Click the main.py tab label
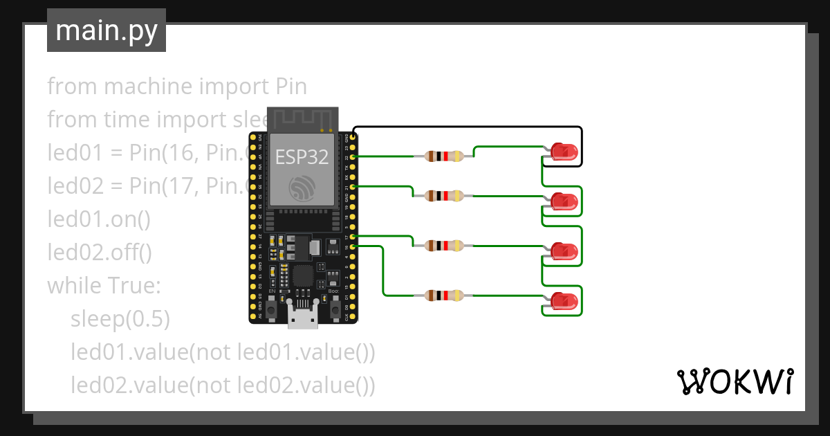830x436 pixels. coord(106,30)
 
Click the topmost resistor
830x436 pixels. coord(443,156)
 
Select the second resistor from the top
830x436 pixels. coord(443,196)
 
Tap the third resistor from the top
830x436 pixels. coord(443,245)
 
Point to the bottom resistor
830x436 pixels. coord(443,296)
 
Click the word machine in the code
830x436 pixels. coord(148,87)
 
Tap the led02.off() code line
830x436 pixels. coord(100,252)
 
